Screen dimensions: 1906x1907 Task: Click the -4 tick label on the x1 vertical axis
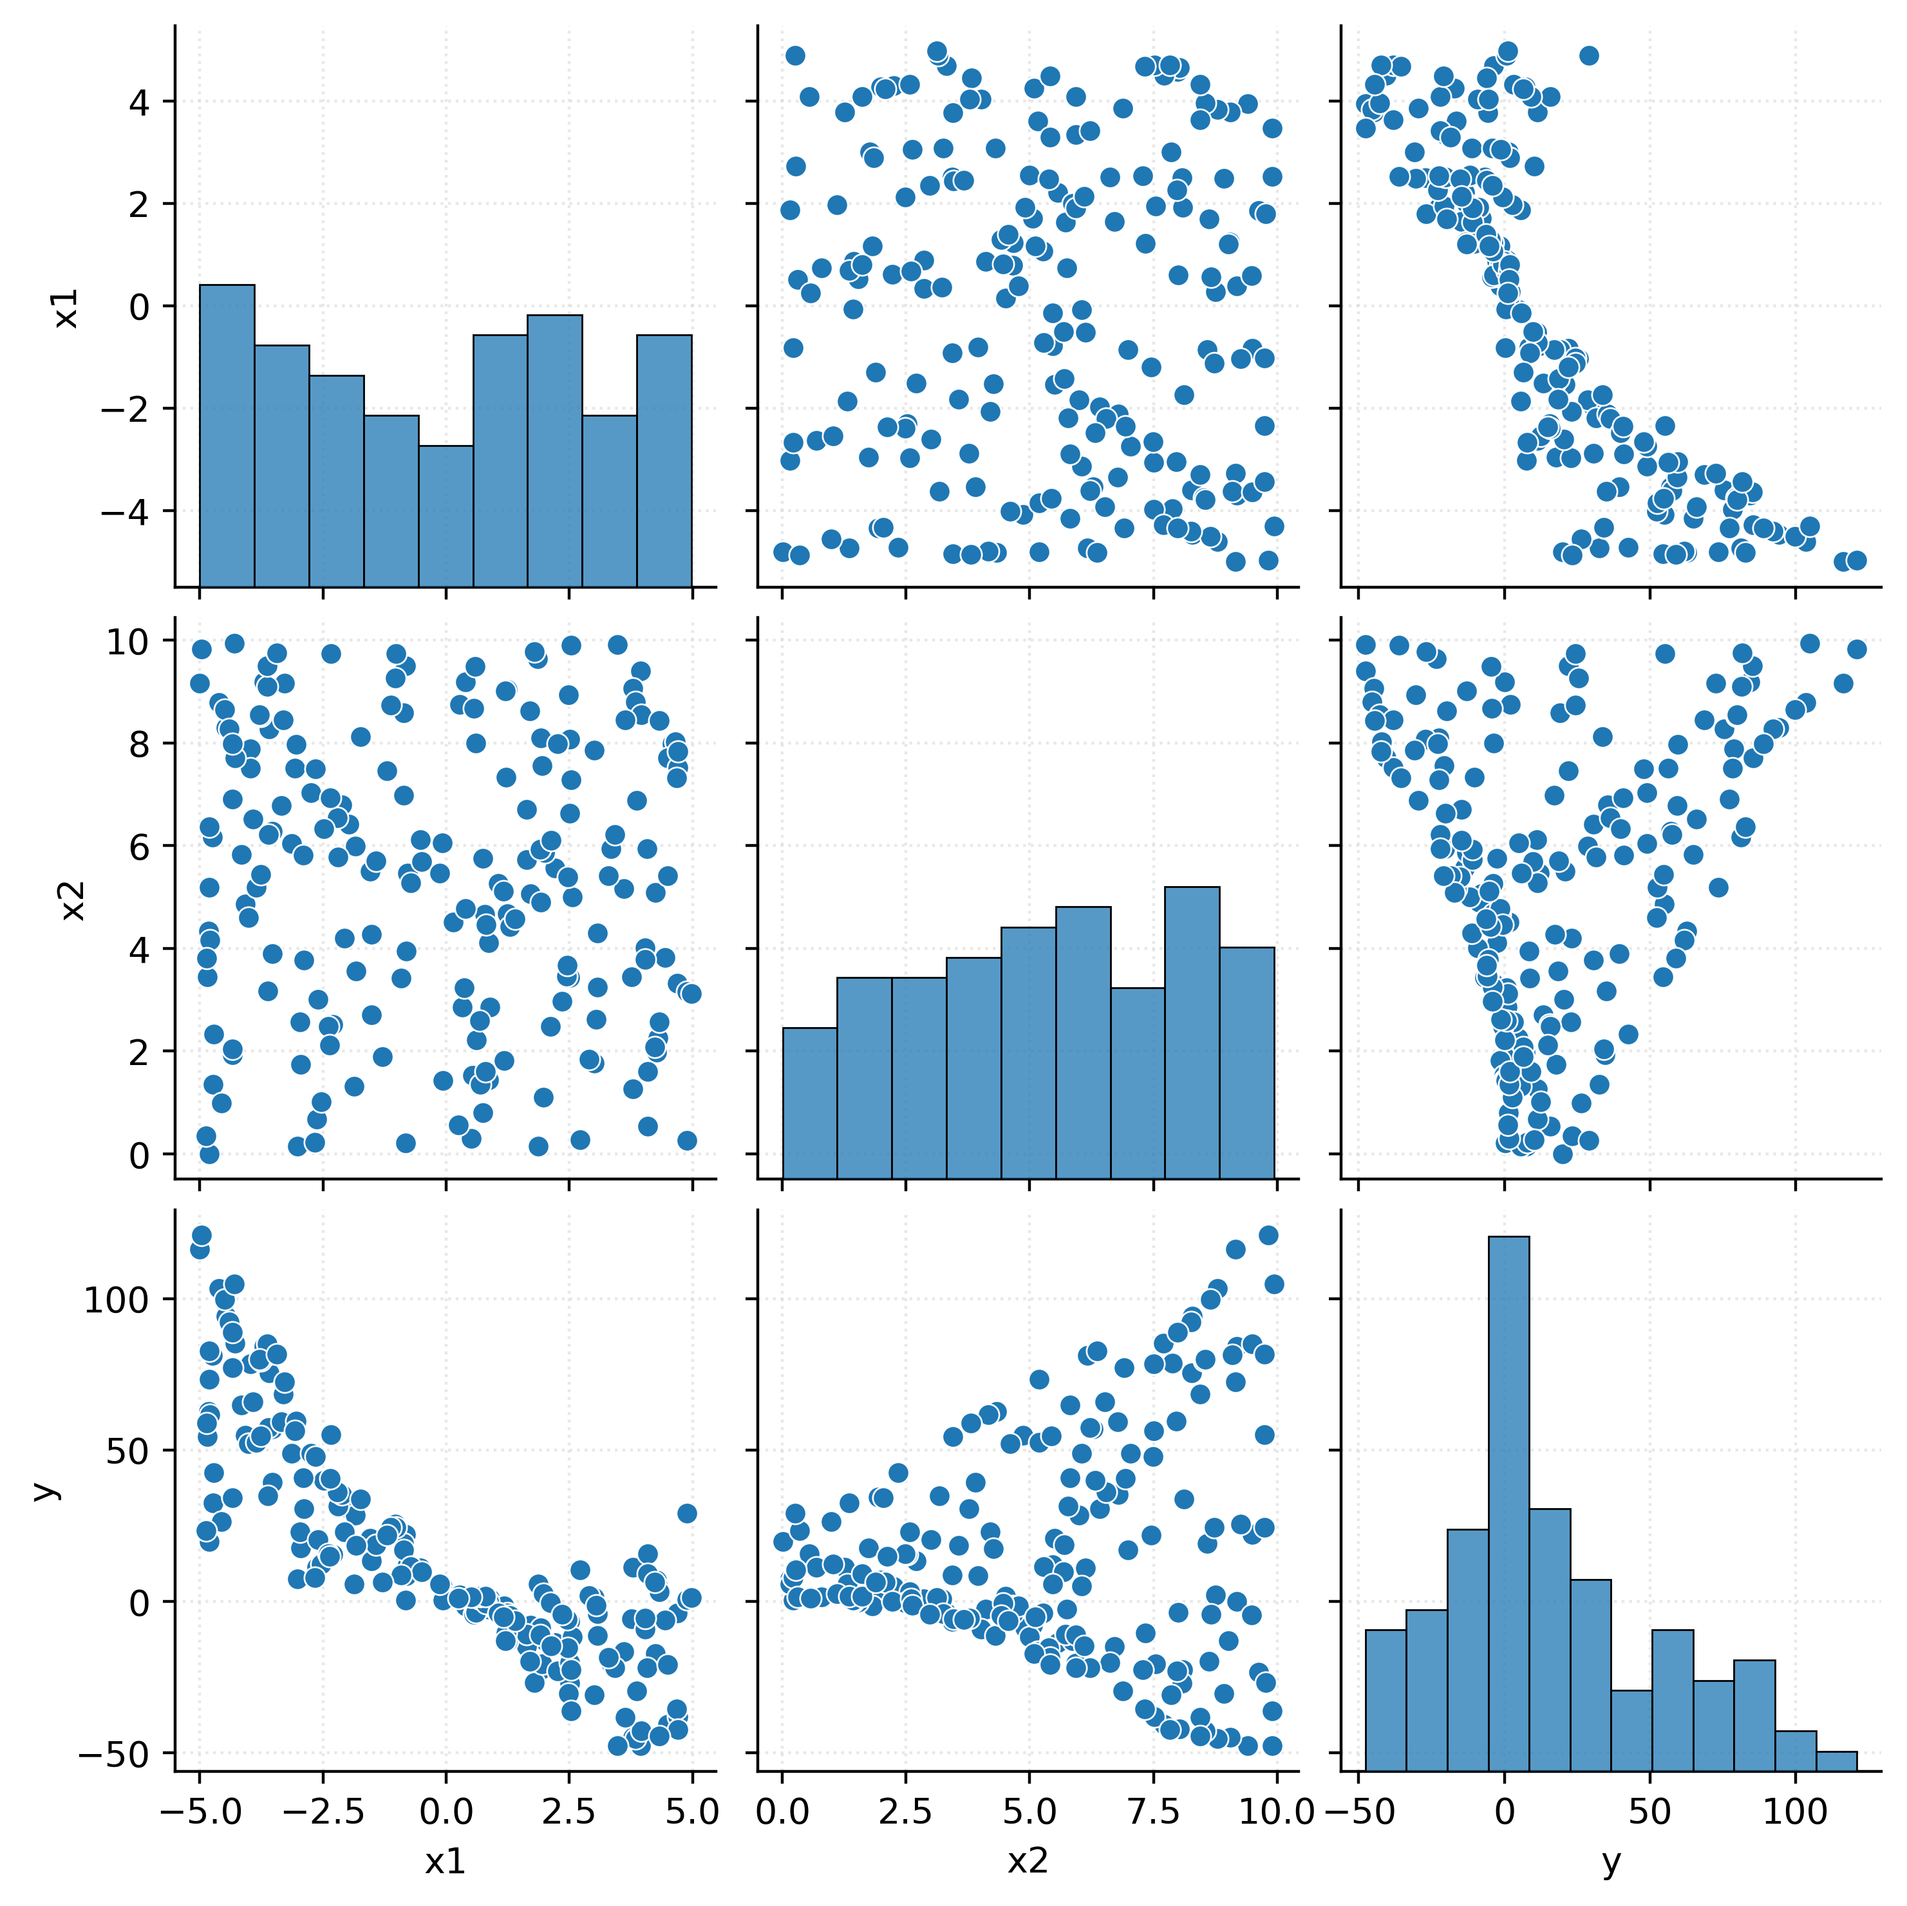pos(126,511)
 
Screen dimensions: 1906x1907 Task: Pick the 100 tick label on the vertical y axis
pos(115,1300)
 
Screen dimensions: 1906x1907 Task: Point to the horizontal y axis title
pos(1611,1862)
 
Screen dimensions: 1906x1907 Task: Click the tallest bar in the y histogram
pos(1508,1500)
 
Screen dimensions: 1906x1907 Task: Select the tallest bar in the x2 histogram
pos(1191,1032)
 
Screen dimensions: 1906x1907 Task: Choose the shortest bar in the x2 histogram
pos(809,1102)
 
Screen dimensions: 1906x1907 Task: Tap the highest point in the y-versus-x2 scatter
pos(1268,1235)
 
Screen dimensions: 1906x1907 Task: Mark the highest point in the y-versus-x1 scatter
pos(202,1235)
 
